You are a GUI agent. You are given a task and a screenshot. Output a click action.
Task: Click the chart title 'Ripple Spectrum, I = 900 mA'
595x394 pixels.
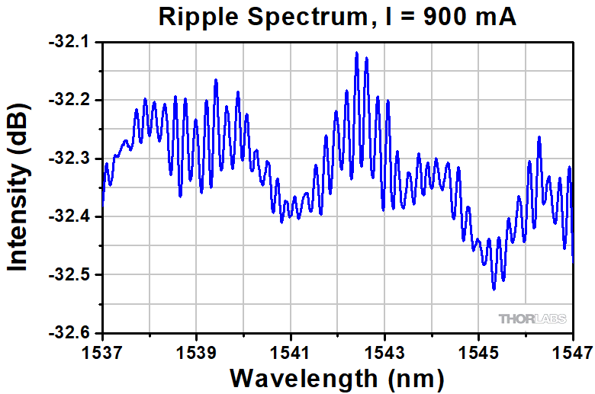[x=337, y=16]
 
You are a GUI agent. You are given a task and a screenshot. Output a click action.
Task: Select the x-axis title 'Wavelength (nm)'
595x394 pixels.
[x=337, y=376]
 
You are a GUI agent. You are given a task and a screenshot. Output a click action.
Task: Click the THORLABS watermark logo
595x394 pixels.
[x=532, y=319]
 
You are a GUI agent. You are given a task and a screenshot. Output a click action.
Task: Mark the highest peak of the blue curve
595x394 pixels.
[x=356, y=53]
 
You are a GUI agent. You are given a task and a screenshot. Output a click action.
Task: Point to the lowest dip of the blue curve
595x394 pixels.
[x=494, y=289]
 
